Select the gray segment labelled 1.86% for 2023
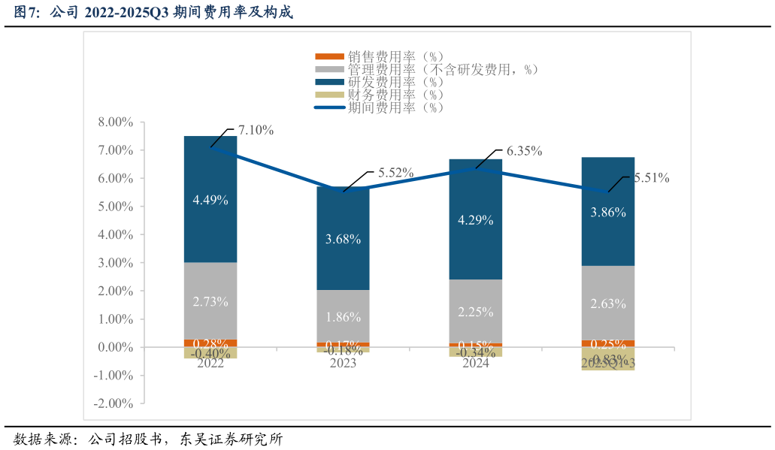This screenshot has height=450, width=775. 343,316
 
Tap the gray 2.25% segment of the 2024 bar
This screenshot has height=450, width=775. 475,311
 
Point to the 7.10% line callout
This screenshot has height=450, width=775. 256,130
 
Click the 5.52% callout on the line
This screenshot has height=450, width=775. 395,173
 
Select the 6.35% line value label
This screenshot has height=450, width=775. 524,151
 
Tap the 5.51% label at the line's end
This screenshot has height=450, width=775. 651,178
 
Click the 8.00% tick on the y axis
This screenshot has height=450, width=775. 115,122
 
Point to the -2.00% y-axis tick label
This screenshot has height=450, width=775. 113,403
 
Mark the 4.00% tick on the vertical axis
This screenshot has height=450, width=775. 115,234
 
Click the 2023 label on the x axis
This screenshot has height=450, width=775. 343,364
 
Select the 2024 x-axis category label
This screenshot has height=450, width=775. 475,364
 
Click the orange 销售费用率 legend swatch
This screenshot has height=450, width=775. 328,57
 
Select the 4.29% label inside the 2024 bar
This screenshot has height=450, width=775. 475,221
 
